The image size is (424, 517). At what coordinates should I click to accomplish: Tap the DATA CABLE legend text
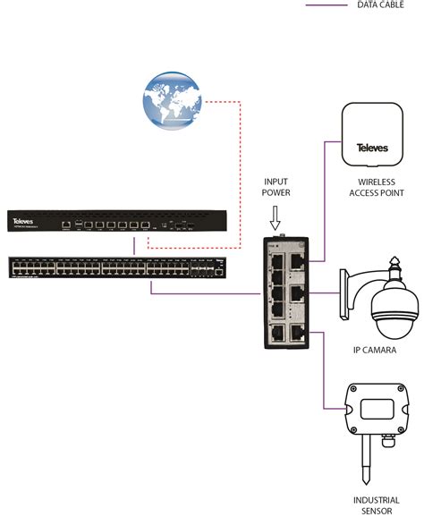[x=378, y=4]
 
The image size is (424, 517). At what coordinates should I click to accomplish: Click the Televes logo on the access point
[x=372, y=148]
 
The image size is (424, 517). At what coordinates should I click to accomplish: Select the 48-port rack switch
[x=117, y=267]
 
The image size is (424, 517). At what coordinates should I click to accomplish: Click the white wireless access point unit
[x=372, y=140]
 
